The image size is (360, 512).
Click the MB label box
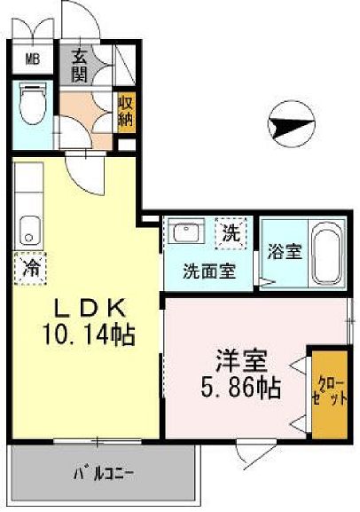31,60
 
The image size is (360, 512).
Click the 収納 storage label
127,109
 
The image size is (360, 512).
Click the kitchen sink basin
29,232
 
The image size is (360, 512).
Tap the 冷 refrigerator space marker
28,264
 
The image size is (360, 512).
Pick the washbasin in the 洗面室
187,234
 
